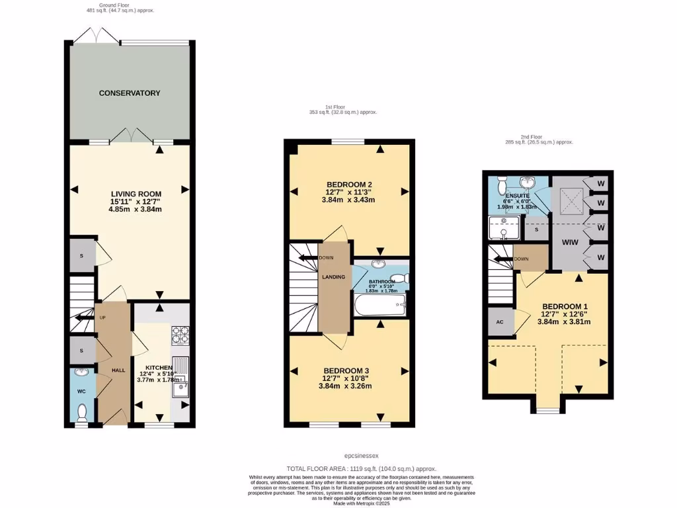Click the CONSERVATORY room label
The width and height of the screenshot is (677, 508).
(x=130, y=93)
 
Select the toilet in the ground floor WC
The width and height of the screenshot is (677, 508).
(x=82, y=413)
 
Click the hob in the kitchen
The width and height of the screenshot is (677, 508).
(x=180, y=336)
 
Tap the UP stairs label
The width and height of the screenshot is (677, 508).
(x=102, y=317)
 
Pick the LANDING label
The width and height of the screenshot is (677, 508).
(x=334, y=277)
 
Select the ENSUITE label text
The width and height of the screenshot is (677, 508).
(x=518, y=196)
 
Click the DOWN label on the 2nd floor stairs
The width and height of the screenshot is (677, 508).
(x=521, y=259)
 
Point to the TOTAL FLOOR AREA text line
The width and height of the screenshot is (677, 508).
(x=361, y=468)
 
